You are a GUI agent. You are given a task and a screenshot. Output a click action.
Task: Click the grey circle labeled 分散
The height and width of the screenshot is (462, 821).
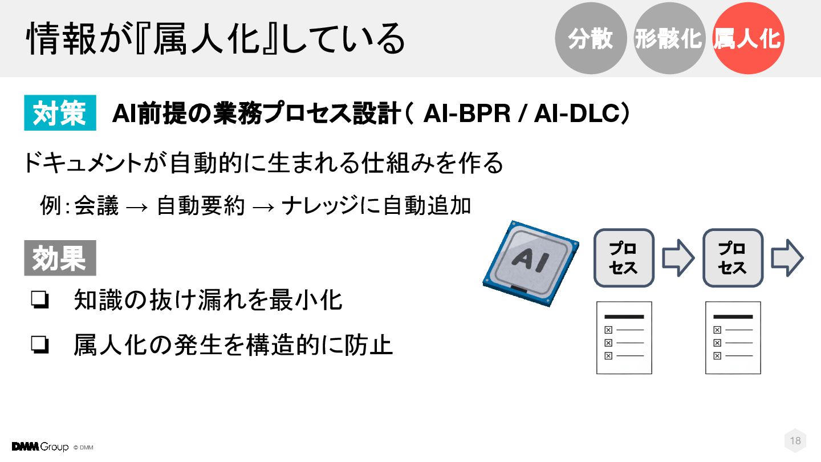pyautogui.click(x=591, y=38)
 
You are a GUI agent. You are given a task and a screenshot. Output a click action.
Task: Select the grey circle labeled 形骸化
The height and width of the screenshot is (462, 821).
pyautogui.click(x=668, y=38)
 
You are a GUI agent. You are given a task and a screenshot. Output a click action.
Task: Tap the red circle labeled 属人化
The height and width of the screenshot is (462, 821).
pyautogui.click(x=748, y=38)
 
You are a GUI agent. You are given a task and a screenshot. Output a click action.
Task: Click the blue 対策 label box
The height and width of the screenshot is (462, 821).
pyautogui.click(x=60, y=113)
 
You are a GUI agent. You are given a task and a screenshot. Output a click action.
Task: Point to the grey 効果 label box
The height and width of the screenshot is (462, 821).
pyautogui.click(x=60, y=258)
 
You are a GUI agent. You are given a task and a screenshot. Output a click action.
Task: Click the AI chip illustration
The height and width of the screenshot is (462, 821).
pyautogui.click(x=530, y=264)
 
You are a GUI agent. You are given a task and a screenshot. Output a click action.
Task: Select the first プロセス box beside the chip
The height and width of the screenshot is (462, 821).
pyautogui.click(x=624, y=258)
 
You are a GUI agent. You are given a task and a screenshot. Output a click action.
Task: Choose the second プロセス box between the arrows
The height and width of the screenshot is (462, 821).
pyautogui.click(x=733, y=258)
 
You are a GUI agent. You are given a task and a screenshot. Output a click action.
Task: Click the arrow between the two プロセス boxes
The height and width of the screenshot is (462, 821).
pyautogui.click(x=678, y=258)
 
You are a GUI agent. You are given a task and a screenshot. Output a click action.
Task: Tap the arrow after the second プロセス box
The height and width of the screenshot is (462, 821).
pyautogui.click(x=787, y=258)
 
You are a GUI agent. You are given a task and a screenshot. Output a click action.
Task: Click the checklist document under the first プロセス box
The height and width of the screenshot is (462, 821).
pyautogui.click(x=624, y=338)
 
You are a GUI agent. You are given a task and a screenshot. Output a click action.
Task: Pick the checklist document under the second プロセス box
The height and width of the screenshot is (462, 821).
pyautogui.click(x=733, y=338)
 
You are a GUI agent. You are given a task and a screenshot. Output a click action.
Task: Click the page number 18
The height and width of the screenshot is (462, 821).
pyautogui.click(x=795, y=440)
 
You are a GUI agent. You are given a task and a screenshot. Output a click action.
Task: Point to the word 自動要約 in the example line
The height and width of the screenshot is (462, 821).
pyautogui.click(x=201, y=206)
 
